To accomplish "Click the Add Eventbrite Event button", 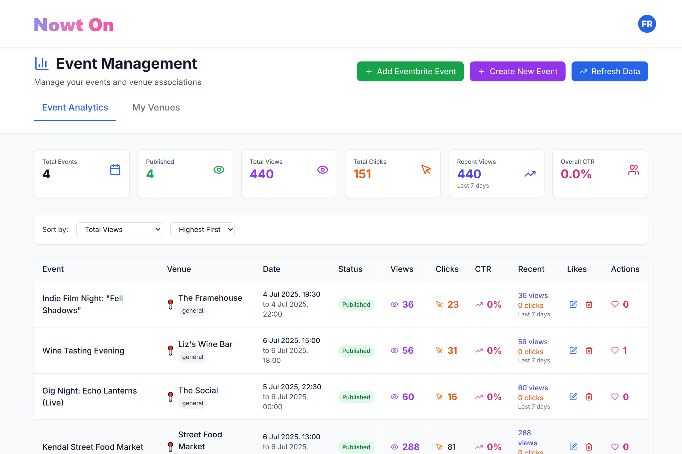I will (410, 71).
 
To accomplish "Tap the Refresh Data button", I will (609, 71).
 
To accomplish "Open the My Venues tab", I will (156, 108).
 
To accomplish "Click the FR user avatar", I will (647, 24).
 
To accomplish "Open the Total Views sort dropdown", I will (119, 229).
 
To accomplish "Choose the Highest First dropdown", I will (202, 229).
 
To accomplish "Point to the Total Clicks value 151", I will (362, 174).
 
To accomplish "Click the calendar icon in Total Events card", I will (115, 170).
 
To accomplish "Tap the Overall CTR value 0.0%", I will (576, 174).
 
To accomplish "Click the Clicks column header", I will (447, 269).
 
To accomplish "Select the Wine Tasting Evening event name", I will (83, 351).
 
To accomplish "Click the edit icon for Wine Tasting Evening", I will (573, 351).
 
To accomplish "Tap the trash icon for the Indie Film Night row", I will (589, 304).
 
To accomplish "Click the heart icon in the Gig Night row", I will (615, 397).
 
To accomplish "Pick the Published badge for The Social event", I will (356, 397).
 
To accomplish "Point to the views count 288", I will (411, 447).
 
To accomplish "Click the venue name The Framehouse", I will (210, 298).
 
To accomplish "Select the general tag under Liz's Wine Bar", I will (192, 357).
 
